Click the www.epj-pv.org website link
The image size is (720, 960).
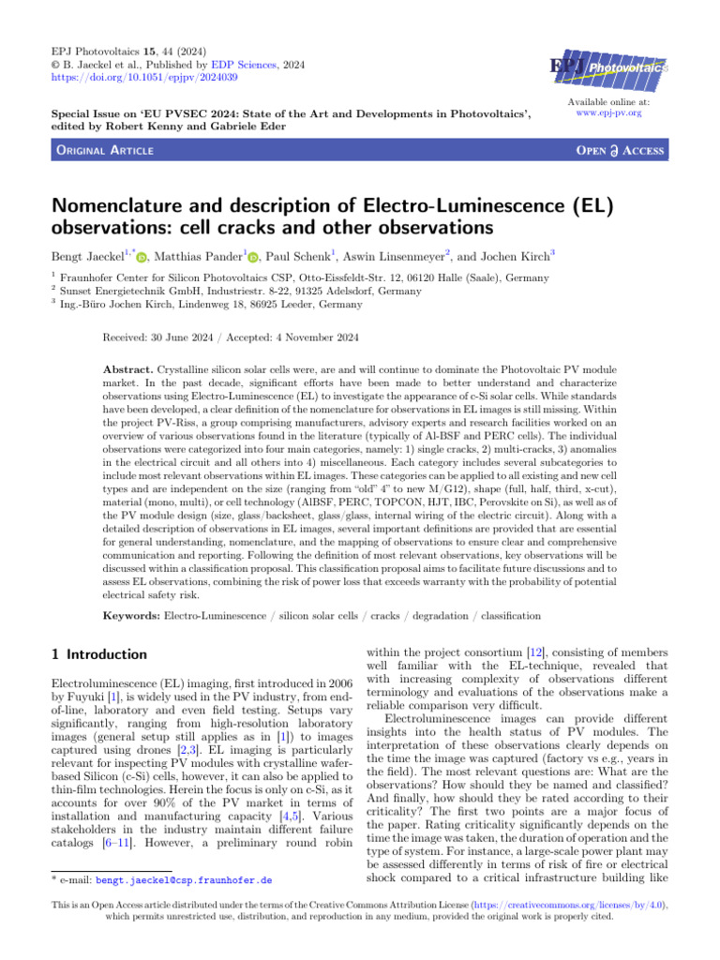610,113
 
